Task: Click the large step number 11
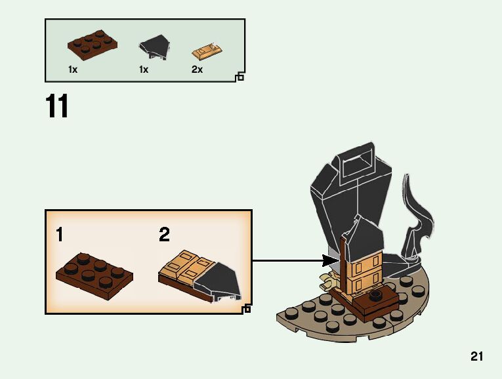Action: tap(57, 107)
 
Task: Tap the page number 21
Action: tap(476, 357)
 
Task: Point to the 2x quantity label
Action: tap(197, 69)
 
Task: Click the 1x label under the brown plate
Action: tap(73, 69)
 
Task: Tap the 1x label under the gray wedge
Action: tap(144, 69)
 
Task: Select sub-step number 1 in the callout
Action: tap(60, 234)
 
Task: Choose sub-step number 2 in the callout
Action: tap(164, 234)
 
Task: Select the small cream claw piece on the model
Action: tap(326, 282)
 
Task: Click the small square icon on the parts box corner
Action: tap(240, 77)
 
